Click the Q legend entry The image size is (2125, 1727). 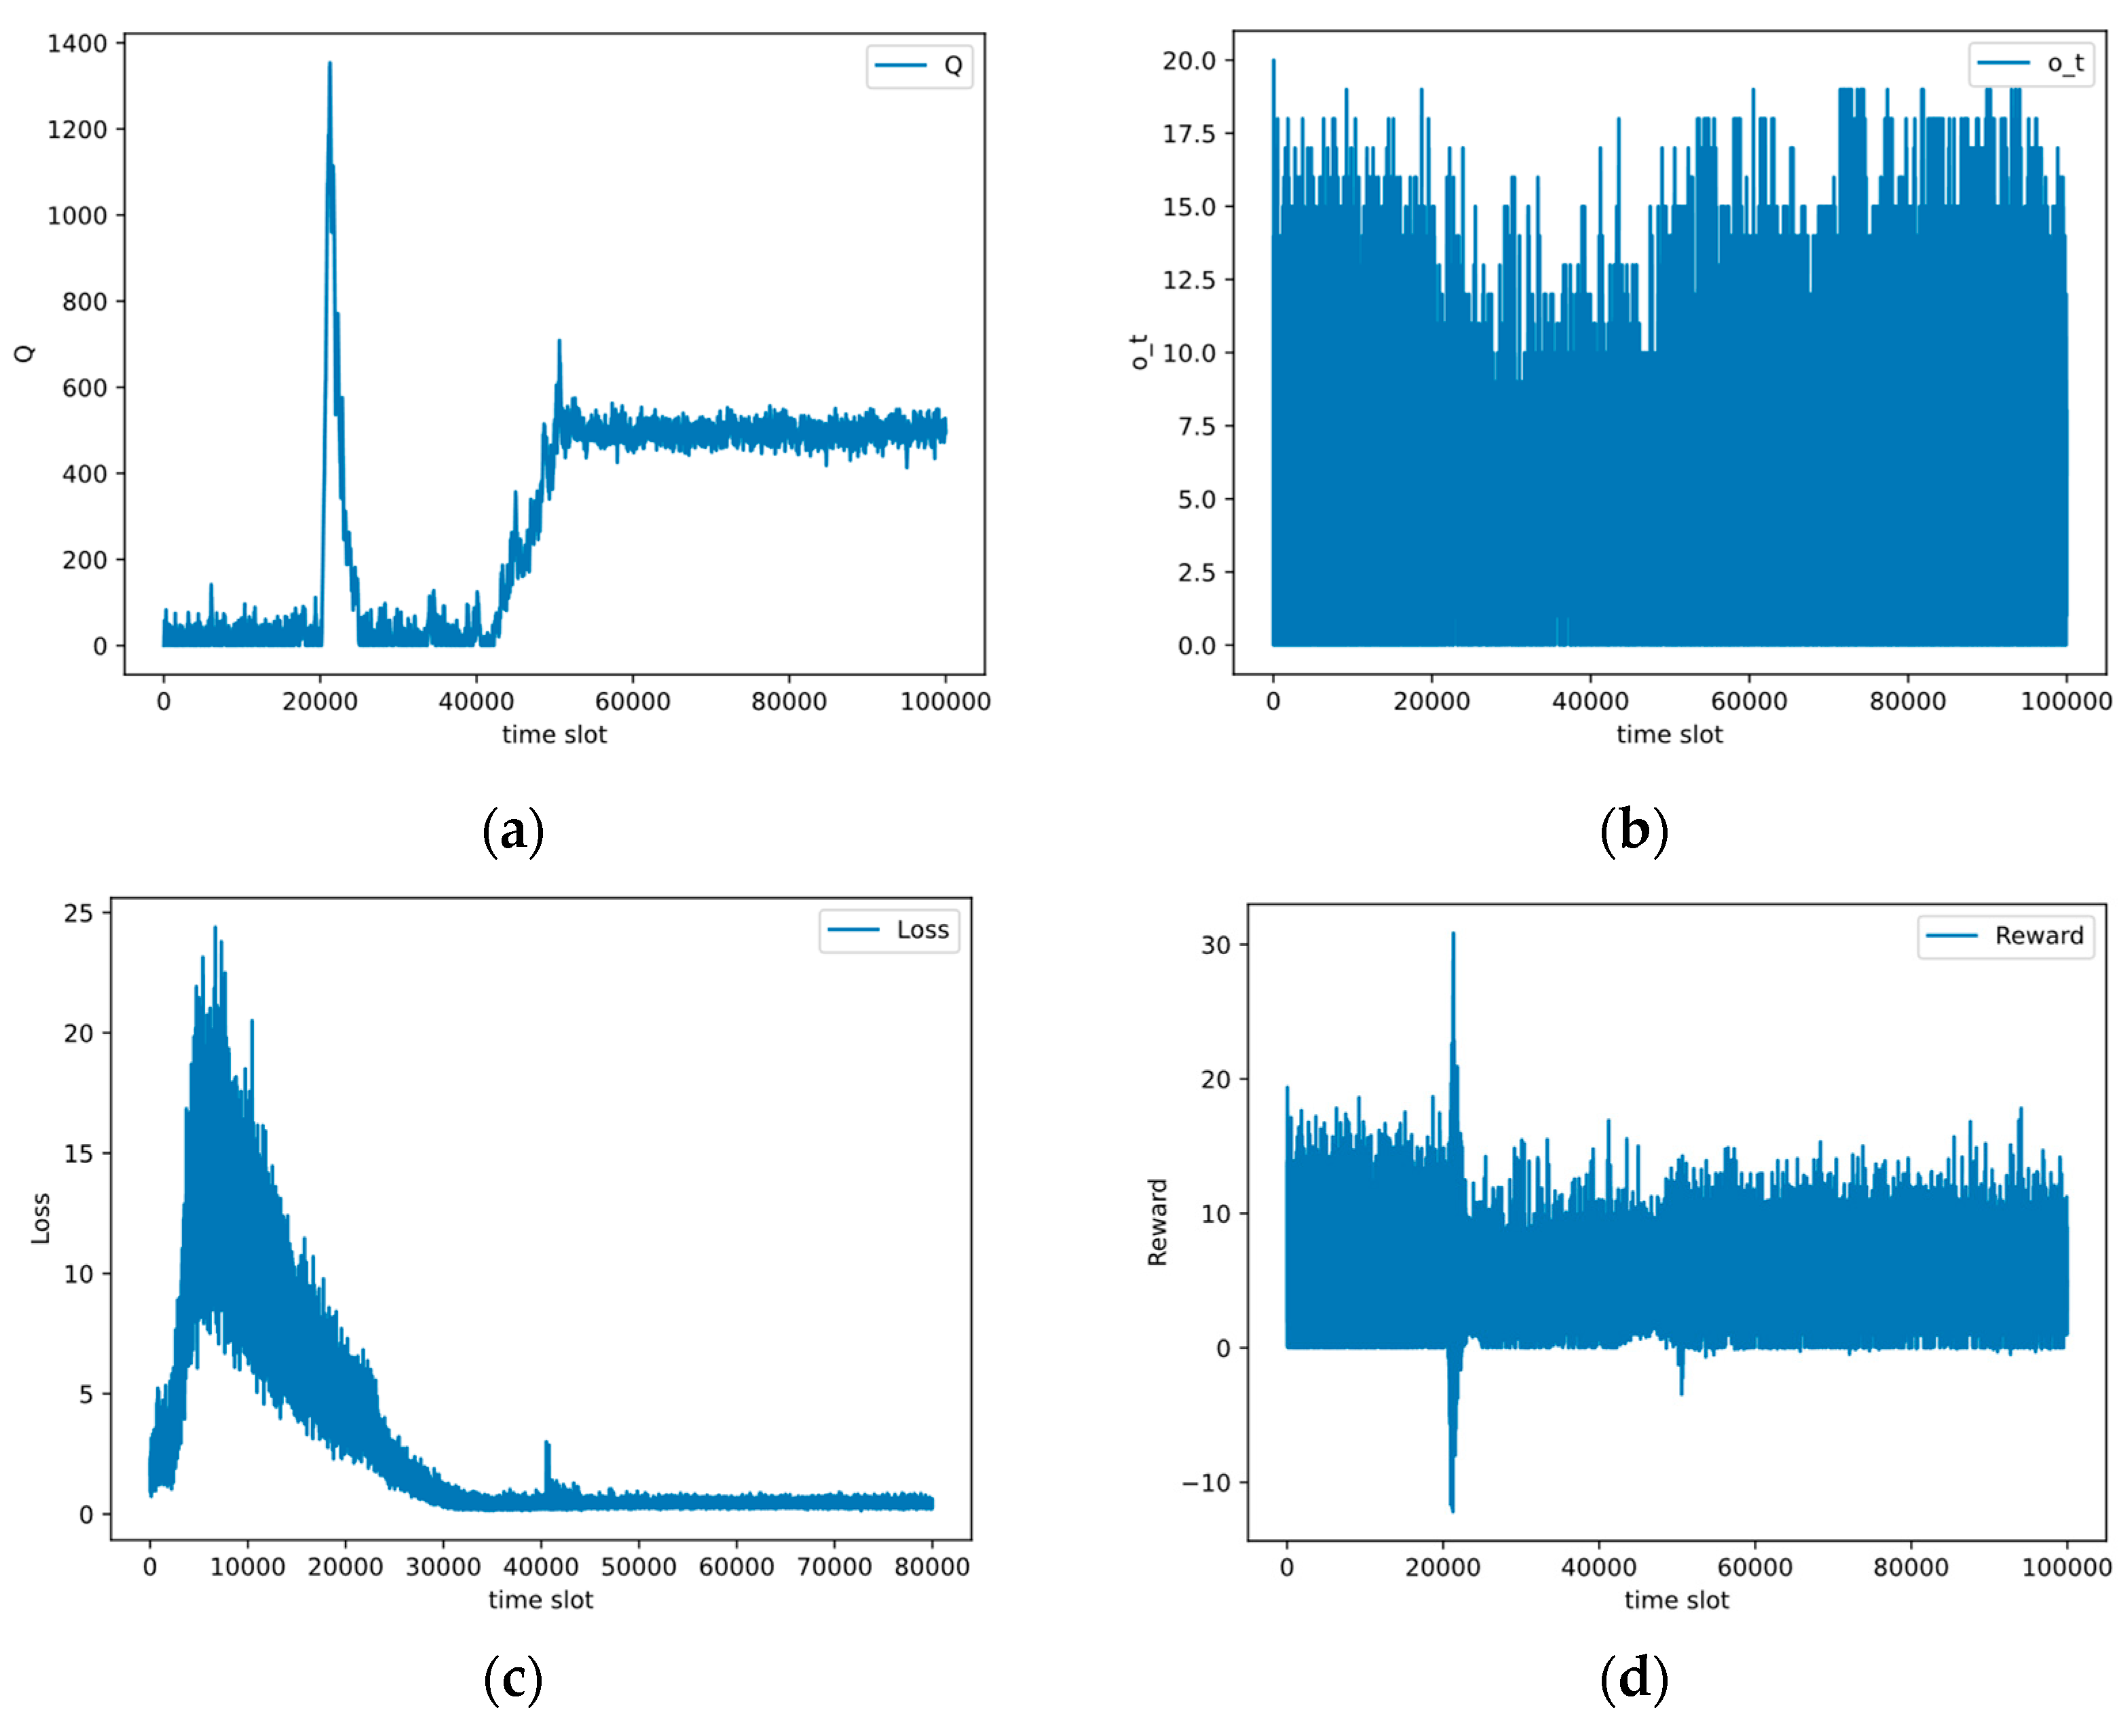tap(918, 66)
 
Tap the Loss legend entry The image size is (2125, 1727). tap(888, 930)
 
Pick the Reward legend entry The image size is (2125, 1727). tap(2005, 936)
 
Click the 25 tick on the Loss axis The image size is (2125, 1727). tap(79, 913)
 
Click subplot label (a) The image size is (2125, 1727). tap(512, 831)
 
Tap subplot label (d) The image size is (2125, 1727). tap(1634, 1679)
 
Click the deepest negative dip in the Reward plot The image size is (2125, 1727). tap(1452, 1509)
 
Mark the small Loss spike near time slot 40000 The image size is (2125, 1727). tap(546, 1443)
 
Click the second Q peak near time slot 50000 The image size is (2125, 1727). tap(559, 342)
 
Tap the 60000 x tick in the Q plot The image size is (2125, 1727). tap(633, 702)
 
